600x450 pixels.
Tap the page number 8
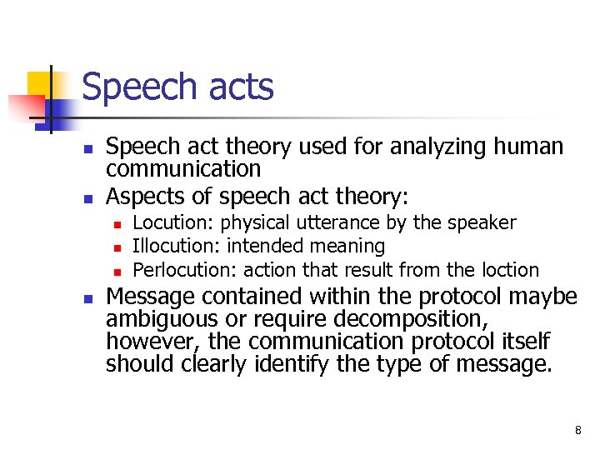click(577, 431)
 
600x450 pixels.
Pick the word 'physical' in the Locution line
click(254, 223)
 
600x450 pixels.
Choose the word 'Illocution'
click(177, 246)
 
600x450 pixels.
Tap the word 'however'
click(153, 342)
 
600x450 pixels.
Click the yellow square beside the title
click(41, 83)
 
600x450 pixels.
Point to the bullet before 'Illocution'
click(117, 247)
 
